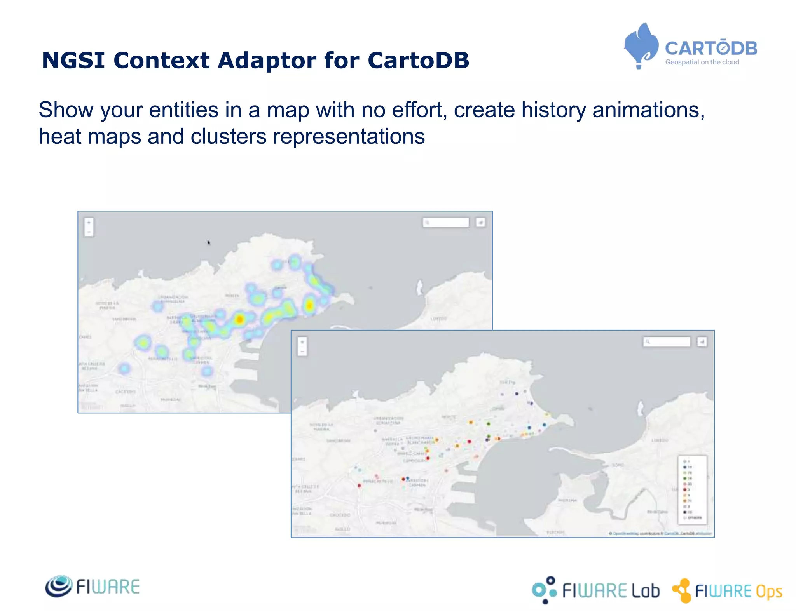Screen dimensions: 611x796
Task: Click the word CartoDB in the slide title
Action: click(418, 61)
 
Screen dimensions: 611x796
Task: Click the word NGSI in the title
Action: click(73, 61)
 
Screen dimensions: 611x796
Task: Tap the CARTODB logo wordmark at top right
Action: click(711, 49)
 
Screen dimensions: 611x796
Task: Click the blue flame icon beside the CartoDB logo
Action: click(641, 45)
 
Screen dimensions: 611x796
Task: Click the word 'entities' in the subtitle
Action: click(183, 110)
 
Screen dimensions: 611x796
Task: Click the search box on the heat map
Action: click(446, 222)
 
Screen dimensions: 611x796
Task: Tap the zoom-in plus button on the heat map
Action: click(89, 223)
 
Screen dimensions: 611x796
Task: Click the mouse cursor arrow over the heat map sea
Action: click(209, 242)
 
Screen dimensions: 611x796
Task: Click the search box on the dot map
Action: click(666, 341)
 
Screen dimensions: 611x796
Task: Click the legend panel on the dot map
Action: click(692, 489)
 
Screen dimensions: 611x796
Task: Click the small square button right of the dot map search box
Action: click(702, 341)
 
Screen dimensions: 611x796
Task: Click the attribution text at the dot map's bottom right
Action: click(661, 533)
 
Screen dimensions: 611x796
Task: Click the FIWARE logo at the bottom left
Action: click(93, 586)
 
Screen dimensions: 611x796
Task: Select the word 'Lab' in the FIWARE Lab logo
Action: click(646, 591)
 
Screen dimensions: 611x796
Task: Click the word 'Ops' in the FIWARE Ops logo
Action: click(769, 592)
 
